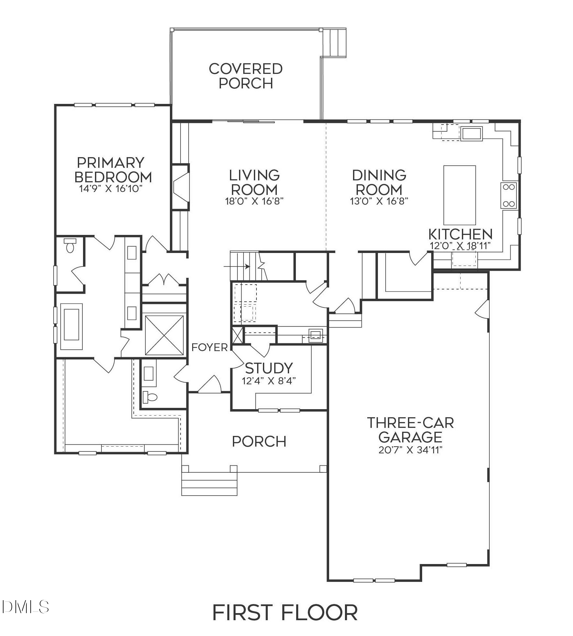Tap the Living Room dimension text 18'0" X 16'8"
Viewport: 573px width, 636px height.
pos(254,201)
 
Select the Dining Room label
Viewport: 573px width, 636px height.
pos(379,182)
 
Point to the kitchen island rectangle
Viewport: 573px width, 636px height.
pos(460,195)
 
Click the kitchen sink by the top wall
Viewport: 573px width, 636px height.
pos(472,133)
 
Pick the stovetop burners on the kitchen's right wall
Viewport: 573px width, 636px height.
pos(509,195)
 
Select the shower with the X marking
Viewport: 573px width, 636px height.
pos(164,335)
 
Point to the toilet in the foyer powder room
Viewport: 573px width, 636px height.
pos(150,397)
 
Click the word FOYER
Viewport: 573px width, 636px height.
pos(210,348)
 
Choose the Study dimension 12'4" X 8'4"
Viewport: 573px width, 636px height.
pos(269,381)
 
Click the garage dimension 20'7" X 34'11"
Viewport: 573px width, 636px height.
pos(410,450)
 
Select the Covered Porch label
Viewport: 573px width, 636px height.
pos(246,76)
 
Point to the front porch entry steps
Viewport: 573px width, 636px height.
pos(209,484)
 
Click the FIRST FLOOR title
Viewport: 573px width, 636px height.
pos(285,612)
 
